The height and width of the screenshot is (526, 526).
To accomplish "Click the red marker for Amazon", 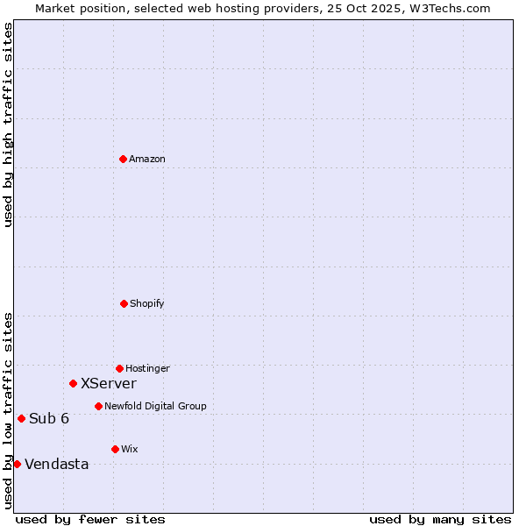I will coord(123,159).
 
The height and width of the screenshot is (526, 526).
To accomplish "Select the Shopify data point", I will coord(124,303).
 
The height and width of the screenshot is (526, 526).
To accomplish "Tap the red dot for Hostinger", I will coord(119,368).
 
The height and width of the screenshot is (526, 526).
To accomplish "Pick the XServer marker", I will coord(73,383).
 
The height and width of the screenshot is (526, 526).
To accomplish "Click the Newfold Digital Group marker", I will coord(98,406).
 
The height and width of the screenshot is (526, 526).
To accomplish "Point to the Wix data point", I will coord(115,449).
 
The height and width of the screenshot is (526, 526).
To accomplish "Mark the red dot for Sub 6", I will coord(21,418).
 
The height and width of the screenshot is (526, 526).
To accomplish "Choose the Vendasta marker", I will coord(17,464).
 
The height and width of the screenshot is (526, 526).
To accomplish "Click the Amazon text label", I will coord(147,159).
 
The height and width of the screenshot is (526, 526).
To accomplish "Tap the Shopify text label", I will coord(147,303).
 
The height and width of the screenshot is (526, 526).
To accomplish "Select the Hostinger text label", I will coord(147,368).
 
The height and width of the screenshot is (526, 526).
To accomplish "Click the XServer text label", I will coord(109,383).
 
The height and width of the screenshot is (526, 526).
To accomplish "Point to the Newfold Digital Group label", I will coord(155,406).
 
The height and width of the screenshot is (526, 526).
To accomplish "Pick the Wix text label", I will coord(130,449).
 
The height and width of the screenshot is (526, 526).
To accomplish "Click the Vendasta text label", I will coord(57,464).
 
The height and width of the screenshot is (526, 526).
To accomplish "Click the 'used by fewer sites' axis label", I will coord(90,519).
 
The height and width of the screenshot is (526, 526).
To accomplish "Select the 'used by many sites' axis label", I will coord(440,519).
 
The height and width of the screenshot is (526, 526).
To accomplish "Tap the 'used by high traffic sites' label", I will coord(8,124).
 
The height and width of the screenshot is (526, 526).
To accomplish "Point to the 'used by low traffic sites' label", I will coord(8,410).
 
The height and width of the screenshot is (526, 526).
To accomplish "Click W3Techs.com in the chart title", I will coord(447,8).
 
